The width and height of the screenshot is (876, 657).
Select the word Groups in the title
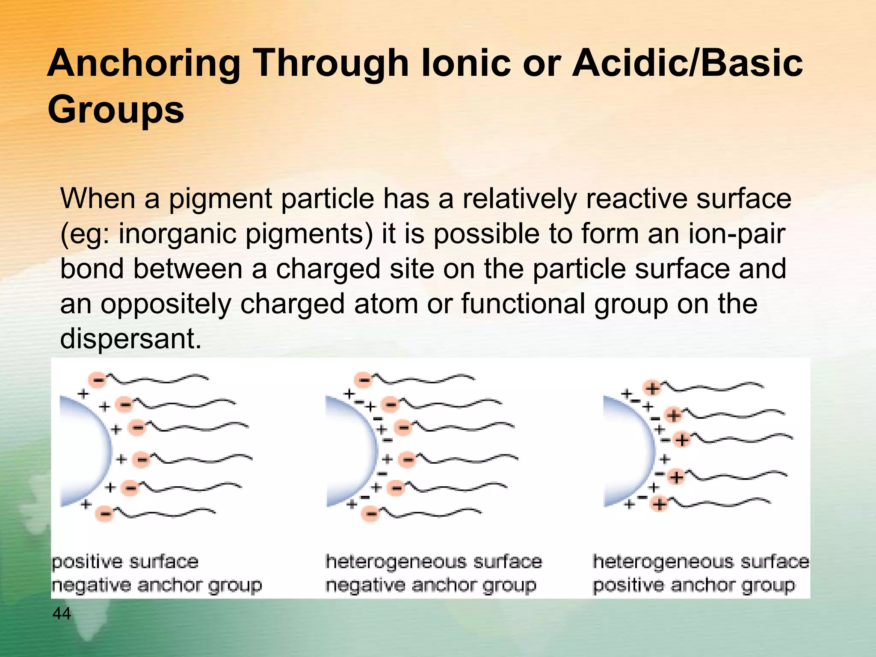pos(115,109)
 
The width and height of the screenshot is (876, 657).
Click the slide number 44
pos(62,613)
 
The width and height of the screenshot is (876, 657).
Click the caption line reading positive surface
pos(125,562)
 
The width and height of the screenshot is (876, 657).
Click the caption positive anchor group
pos(694,585)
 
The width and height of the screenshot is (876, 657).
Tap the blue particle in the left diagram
pos(83,451)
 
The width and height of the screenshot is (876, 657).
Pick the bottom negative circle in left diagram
pos(105,512)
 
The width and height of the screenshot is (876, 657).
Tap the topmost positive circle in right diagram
pos(652,389)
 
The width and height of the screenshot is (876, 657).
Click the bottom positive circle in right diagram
pos(659,504)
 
